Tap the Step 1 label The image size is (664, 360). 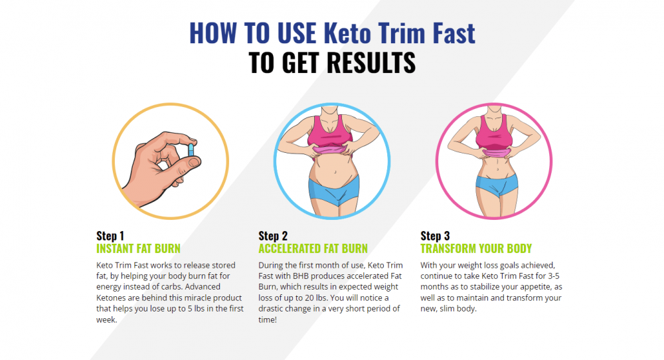coord(110,236)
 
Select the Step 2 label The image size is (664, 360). coord(273,236)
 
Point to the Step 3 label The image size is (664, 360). coord(435,236)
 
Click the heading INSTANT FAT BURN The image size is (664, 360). coord(138,248)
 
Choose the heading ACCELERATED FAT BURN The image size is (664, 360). coord(313,248)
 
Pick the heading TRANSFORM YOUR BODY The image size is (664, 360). coord(476,248)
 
